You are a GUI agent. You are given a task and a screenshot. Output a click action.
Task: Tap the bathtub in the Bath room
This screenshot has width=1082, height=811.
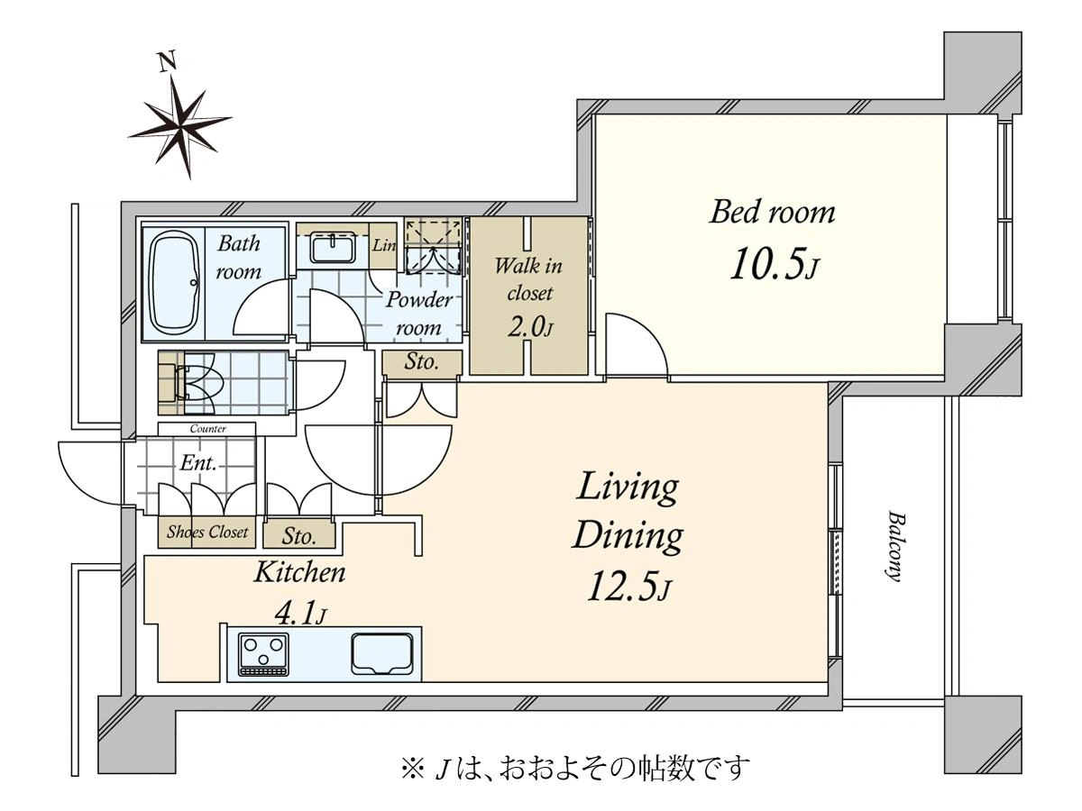point(175,284)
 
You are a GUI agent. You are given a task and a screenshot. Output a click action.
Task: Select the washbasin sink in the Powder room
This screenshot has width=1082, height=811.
point(334,250)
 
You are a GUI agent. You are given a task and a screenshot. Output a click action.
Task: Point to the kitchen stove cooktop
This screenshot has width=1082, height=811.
point(263,654)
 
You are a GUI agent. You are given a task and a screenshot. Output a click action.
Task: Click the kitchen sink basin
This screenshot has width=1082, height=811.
point(382,654)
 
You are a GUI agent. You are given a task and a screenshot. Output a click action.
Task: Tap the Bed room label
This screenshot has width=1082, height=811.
point(772,213)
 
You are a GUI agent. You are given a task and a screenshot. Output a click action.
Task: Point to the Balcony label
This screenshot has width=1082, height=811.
point(896,547)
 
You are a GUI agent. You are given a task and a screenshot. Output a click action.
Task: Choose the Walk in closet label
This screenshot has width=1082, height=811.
point(529,279)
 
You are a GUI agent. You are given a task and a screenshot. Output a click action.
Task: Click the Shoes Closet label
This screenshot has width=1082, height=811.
point(207,532)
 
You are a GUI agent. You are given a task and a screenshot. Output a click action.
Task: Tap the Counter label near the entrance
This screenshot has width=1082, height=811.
point(207,429)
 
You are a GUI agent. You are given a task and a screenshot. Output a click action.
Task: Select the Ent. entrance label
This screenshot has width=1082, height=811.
point(198,462)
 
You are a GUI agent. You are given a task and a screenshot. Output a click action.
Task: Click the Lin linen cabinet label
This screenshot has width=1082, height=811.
point(384,245)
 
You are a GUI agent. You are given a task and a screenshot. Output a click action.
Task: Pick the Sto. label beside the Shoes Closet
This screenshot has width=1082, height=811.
point(298,536)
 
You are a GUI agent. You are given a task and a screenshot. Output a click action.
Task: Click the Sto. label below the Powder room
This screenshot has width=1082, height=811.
point(421,362)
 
